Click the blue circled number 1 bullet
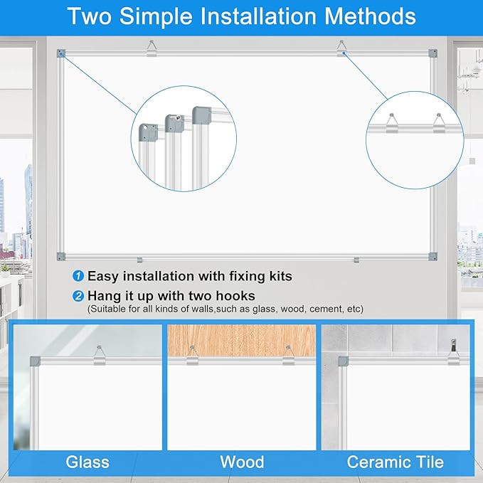[78, 276]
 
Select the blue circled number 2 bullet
[78, 295]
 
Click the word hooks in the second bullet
[232, 295]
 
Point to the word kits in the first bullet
[277, 276]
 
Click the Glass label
[87, 462]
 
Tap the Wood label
[242, 462]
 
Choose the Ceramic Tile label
[396, 462]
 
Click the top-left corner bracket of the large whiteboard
[61, 53]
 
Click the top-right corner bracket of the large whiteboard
[432, 53]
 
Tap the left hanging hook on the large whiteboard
[152, 48]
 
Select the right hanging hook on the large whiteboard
[341, 48]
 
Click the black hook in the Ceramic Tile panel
[450, 347]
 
